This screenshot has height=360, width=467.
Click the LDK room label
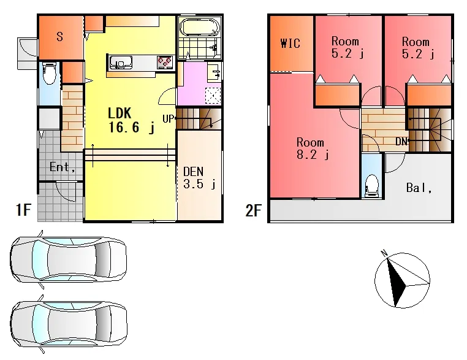coord(120,113)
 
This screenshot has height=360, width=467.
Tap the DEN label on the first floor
coord(194,172)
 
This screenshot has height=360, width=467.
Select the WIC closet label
coord(290,43)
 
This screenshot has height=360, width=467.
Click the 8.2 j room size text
coord(313,155)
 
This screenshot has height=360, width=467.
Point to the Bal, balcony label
coord(419,188)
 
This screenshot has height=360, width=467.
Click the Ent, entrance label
coord(62,167)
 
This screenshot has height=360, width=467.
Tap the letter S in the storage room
coord(59,37)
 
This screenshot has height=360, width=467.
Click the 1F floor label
coord(23,210)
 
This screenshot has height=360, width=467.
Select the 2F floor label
coord(253,210)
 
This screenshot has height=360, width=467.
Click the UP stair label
coord(168,119)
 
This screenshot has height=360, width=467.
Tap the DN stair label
coord(401,142)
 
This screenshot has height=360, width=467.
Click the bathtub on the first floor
coord(200,28)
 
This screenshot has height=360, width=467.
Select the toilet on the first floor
coord(49,74)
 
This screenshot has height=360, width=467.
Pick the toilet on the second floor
coord(371,185)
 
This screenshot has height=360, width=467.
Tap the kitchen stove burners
coord(165,63)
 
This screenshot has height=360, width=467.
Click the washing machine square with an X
coord(213,96)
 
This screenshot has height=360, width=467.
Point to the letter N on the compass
coord(384,253)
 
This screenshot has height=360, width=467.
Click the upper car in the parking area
coord(69,259)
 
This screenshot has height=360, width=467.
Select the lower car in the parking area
coord(69,324)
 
